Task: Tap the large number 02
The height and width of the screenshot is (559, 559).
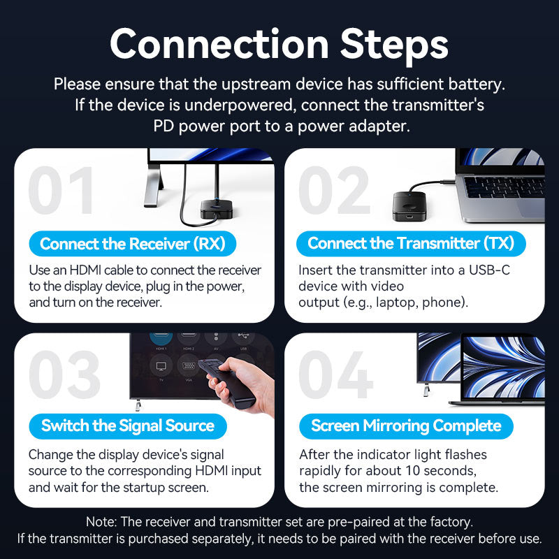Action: coord(334,191)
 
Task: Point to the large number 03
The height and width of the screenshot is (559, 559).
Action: coord(65,376)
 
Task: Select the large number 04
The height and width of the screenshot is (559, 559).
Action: coord(336,376)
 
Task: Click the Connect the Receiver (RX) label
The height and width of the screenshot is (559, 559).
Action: coord(133,244)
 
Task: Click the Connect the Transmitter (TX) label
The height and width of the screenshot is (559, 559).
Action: coord(411,244)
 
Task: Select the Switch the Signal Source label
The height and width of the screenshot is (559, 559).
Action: coord(128,426)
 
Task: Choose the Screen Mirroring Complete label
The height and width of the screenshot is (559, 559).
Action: coord(406,426)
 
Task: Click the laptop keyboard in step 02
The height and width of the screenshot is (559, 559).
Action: coord(504,187)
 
